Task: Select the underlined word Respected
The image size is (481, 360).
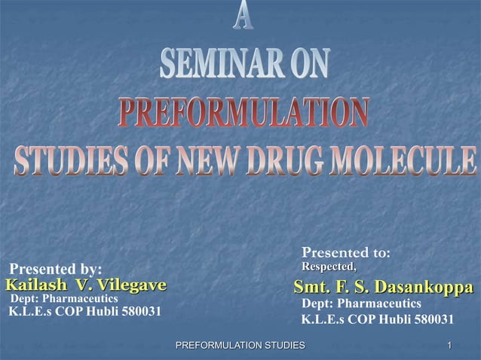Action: (329, 267)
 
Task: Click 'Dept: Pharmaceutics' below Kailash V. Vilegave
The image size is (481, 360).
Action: (64, 298)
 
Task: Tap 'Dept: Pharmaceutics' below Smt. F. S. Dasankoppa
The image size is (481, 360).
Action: (361, 303)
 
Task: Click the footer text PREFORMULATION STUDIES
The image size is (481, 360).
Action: (240, 345)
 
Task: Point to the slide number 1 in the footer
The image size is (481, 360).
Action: (449, 345)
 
